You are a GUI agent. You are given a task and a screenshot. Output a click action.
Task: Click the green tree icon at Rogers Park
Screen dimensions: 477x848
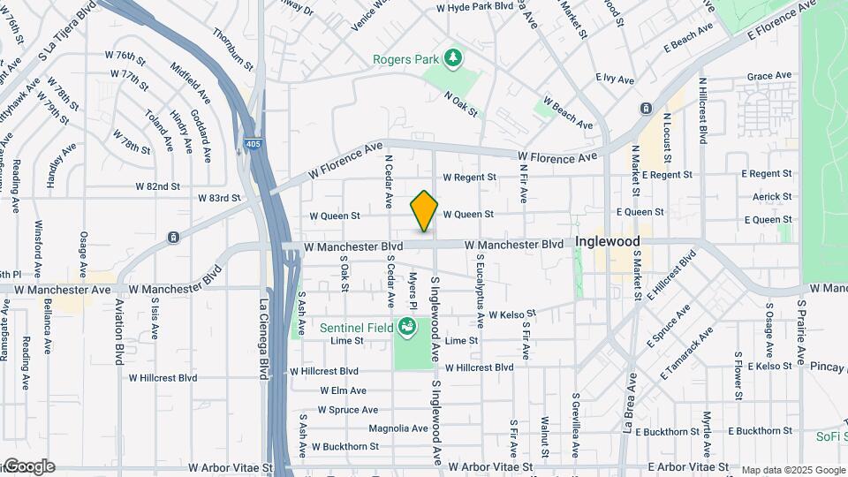[x=453, y=58]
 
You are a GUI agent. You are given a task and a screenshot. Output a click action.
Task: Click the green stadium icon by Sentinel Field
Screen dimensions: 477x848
[x=407, y=328]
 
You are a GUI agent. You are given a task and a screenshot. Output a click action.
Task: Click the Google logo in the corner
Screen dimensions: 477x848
[x=29, y=466]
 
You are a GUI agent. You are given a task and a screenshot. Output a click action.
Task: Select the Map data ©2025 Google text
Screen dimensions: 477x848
[x=793, y=470]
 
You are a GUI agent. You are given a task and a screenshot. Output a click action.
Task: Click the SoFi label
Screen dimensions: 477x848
[x=829, y=436]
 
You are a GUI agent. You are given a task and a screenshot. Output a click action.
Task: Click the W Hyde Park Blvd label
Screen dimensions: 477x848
[x=475, y=6]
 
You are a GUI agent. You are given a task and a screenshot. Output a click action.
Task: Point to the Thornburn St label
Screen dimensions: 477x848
[x=233, y=49]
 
